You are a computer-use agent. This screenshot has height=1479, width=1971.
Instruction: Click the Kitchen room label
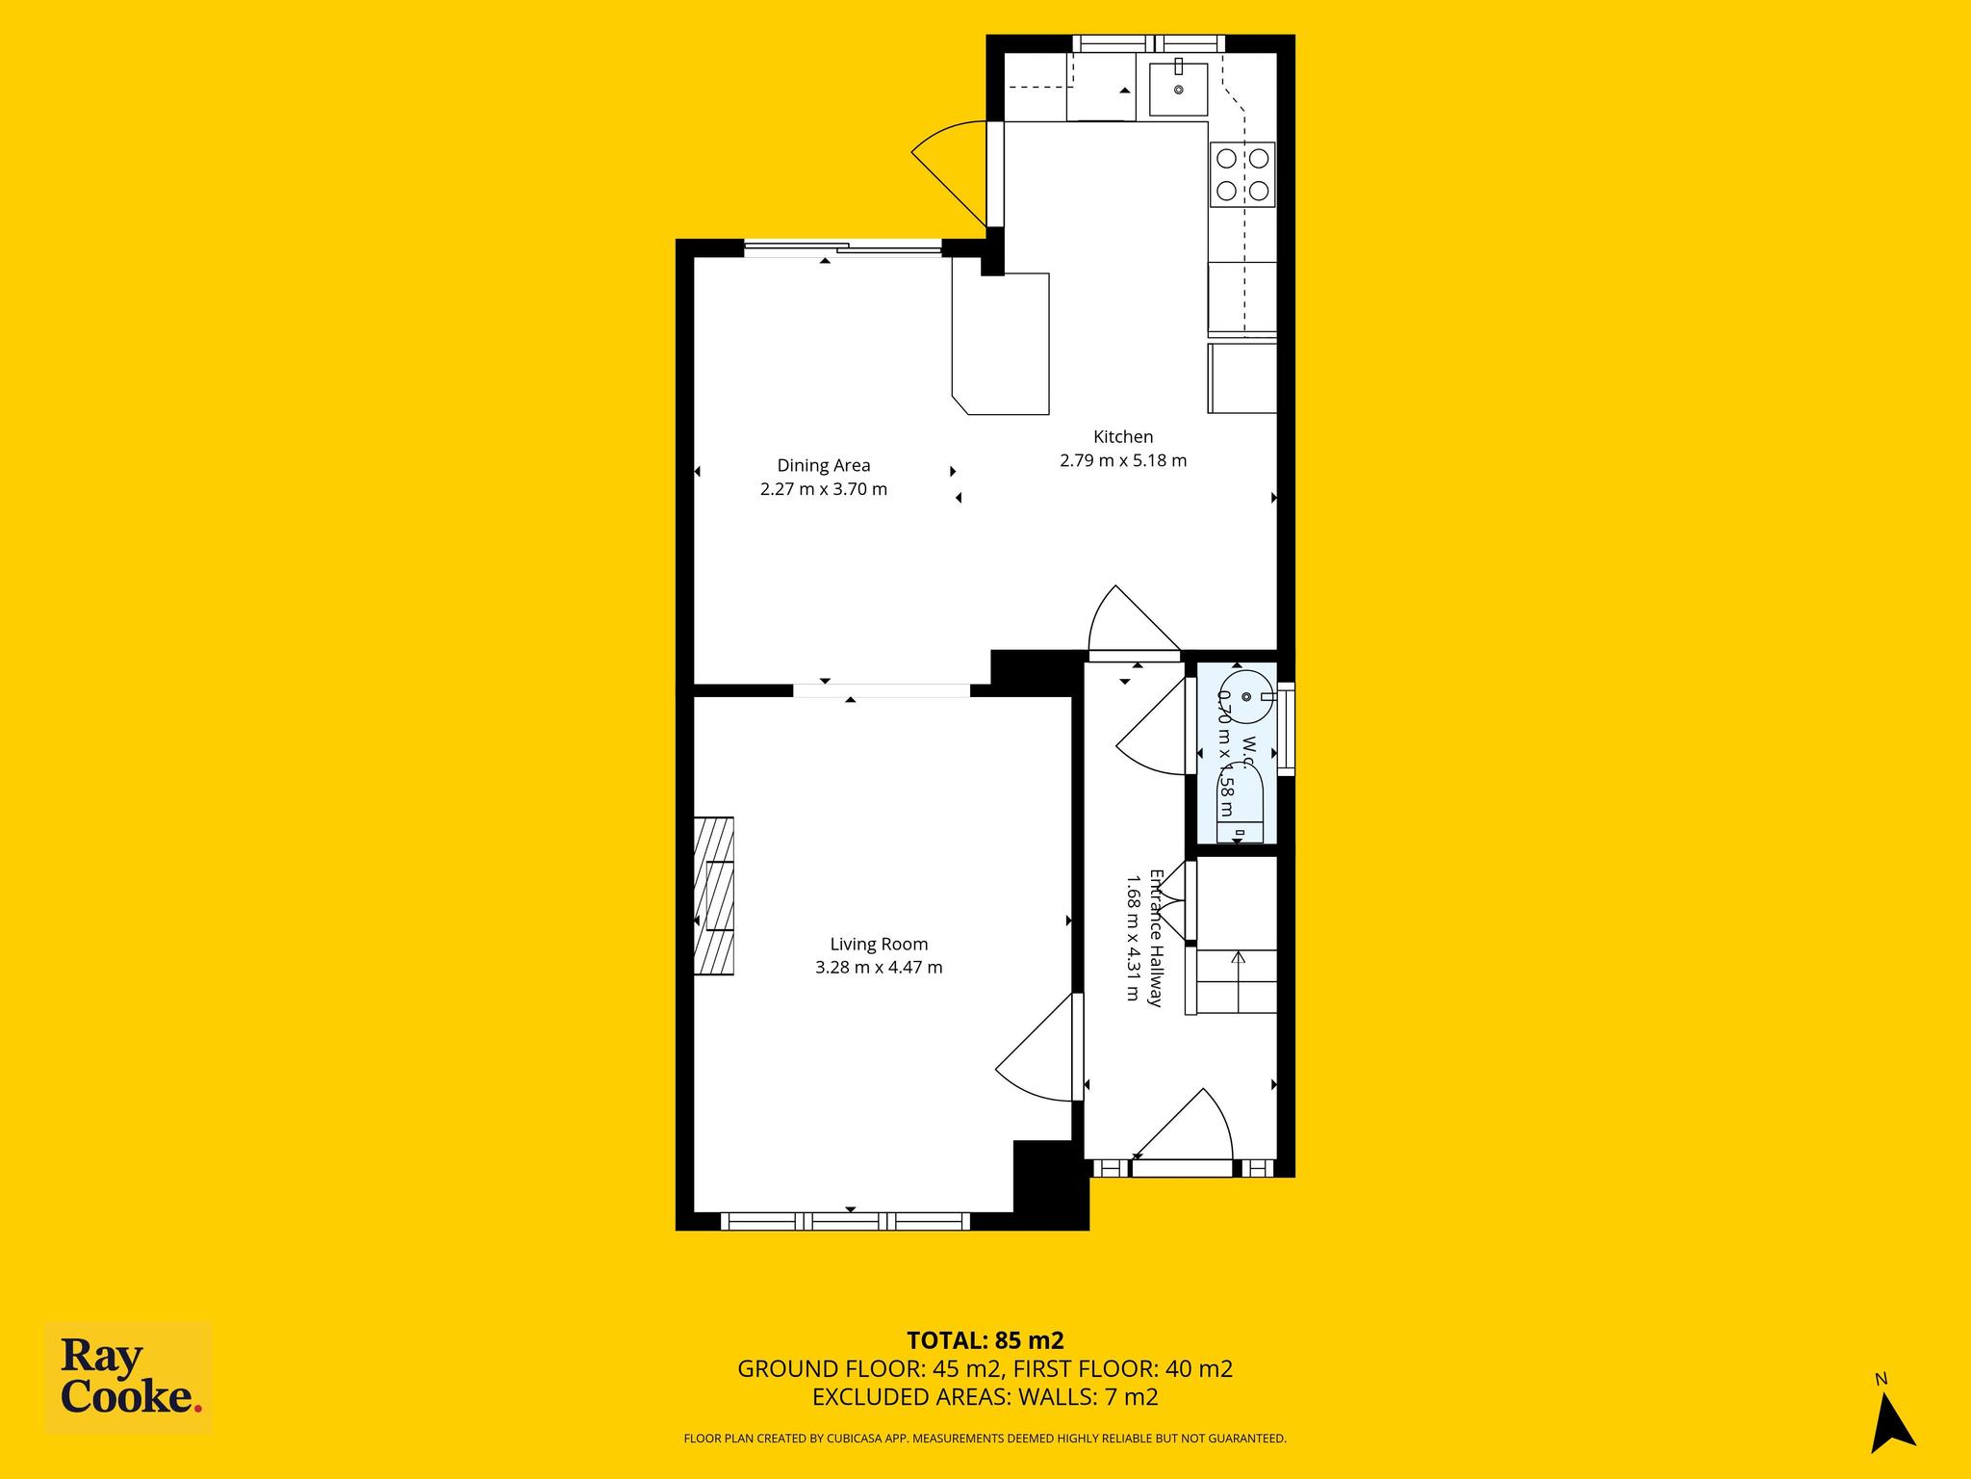coord(1123,437)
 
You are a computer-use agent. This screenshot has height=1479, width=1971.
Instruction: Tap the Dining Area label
coord(824,466)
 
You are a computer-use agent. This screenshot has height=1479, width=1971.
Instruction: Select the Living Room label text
coord(879,945)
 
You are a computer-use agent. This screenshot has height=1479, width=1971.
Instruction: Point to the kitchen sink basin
coord(1179,89)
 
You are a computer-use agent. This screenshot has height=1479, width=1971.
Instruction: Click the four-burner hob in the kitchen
coord(1242,174)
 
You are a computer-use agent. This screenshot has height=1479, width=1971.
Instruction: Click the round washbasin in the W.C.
coord(1248,695)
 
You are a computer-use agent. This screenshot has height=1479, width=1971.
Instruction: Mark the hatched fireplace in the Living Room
coord(714,895)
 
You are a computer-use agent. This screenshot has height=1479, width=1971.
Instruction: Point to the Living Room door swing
coord(1035,1047)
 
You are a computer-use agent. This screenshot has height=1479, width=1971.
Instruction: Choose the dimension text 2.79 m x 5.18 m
coord(1123,460)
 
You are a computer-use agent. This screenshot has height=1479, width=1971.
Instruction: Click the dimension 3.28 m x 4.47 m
coord(879,968)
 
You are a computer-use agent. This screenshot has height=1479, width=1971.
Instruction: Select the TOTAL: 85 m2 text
coord(985,1340)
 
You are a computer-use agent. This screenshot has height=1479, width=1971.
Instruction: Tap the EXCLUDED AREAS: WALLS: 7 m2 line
coord(985,1397)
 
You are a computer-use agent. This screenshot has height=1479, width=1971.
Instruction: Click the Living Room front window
coord(845,1221)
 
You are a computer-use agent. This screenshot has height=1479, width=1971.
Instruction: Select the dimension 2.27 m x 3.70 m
coord(824,489)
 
